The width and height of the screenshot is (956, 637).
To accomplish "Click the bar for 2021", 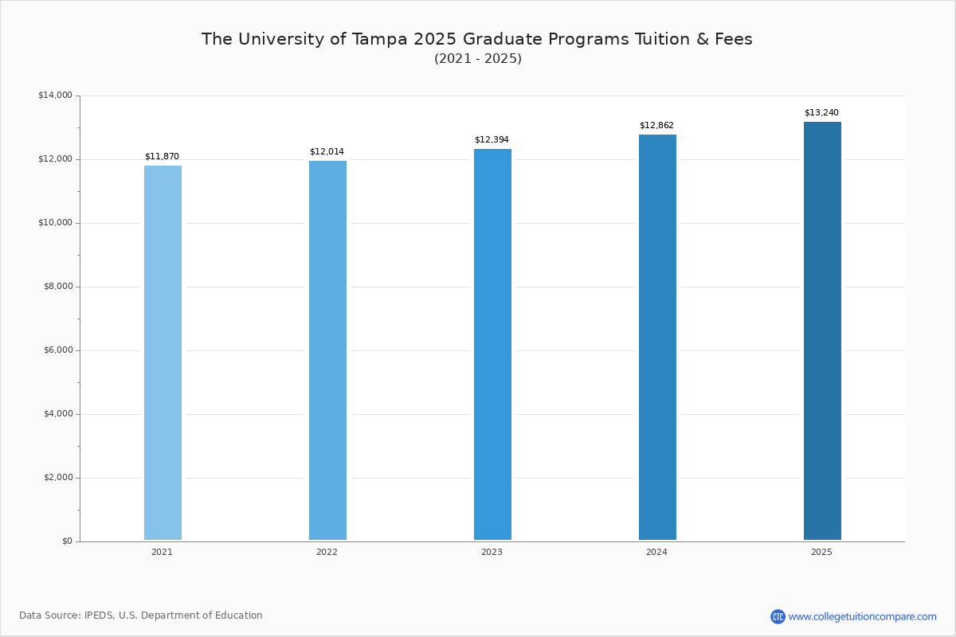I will [163, 353].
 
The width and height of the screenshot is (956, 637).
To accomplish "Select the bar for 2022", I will [327, 350].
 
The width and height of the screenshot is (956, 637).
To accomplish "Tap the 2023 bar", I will [492, 344].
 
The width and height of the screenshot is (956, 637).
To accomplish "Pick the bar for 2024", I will [657, 337].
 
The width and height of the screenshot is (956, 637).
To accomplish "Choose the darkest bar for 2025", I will [822, 330].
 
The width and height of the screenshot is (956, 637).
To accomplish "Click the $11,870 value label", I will [162, 157].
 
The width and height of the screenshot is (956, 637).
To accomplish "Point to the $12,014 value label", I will [327, 152].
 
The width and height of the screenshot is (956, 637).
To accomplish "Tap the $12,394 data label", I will [492, 140].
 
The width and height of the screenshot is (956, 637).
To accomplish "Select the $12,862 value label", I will [656, 126].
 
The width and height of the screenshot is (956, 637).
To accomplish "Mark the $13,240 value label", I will [821, 113].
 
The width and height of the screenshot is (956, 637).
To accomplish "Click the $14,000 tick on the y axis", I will [55, 96].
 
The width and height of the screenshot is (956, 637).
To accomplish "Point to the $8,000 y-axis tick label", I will [57, 287].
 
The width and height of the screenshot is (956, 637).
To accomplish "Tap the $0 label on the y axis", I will [67, 541].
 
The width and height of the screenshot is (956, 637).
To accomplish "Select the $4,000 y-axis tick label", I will [57, 414].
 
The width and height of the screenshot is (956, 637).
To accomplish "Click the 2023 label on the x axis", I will [492, 553].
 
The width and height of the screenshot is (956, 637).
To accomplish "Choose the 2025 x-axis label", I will [821, 553].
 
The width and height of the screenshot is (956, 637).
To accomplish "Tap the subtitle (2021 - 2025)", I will [478, 59].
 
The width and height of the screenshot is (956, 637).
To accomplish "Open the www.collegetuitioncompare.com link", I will [862, 616].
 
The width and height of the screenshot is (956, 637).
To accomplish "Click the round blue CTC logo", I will [778, 616].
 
